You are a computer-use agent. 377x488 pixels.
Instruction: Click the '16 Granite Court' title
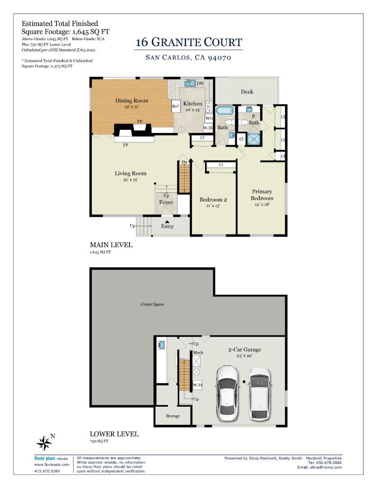tap(189, 43)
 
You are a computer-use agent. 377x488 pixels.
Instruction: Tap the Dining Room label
tap(131, 101)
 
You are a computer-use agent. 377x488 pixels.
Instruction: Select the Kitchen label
tap(193, 103)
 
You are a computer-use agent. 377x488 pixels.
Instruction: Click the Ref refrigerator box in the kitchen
tap(175, 107)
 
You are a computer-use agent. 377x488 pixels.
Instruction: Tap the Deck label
tap(247, 92)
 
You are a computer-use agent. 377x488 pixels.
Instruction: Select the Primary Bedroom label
tap(262, 195)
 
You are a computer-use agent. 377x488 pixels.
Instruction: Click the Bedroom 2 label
tap(213, 200)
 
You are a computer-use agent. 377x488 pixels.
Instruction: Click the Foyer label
tap(166, 202)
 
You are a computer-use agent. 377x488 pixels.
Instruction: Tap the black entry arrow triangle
tap(167, 221)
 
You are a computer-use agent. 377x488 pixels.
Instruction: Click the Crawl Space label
tap(152, 304)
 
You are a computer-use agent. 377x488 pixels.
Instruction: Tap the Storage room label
tap(172, 416)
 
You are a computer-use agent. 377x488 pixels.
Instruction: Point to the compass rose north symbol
tap(44, 442)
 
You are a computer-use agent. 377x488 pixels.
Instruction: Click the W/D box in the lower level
tap(197, 385)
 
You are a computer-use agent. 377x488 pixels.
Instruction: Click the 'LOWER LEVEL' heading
tap(114, 434)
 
